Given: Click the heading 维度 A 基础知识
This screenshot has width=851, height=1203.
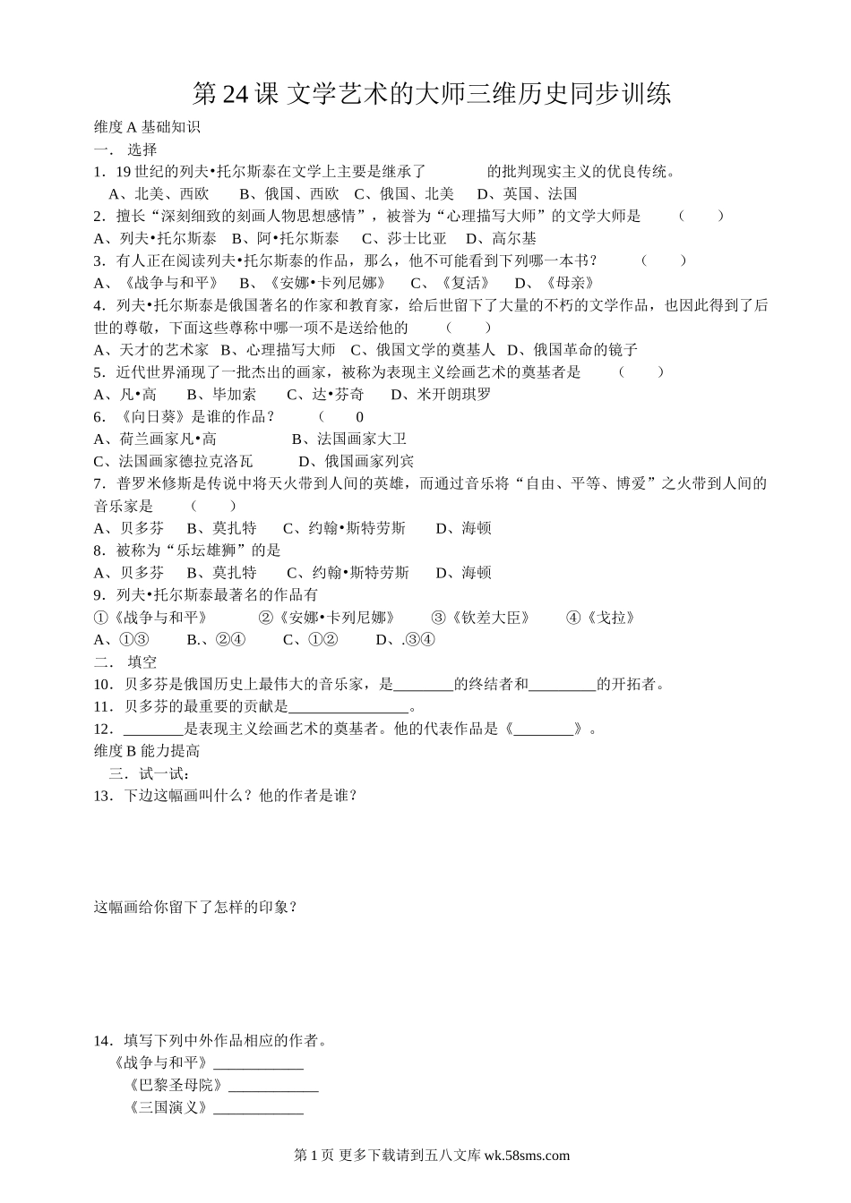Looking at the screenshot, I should [x=147, y=127].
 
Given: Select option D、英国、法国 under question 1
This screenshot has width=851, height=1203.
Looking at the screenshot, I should [x=527, y=193].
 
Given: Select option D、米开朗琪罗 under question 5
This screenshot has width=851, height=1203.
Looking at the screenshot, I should [x=441, y=395].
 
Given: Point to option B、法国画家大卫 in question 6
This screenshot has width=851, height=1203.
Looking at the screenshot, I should [x=349, y=439].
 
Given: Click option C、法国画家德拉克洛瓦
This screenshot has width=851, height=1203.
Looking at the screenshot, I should [x=174, y=461].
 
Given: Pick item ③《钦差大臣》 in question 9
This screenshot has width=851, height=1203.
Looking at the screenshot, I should [x=481, y=618].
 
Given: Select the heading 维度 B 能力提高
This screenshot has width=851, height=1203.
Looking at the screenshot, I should [x=147, y=751].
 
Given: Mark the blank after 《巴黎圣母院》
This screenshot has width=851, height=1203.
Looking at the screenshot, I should [x=273, y=1086].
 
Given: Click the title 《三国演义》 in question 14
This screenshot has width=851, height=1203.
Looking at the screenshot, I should [x=168, y=1108].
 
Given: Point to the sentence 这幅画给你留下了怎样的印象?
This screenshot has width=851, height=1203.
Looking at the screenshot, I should [x=195, y=908].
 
